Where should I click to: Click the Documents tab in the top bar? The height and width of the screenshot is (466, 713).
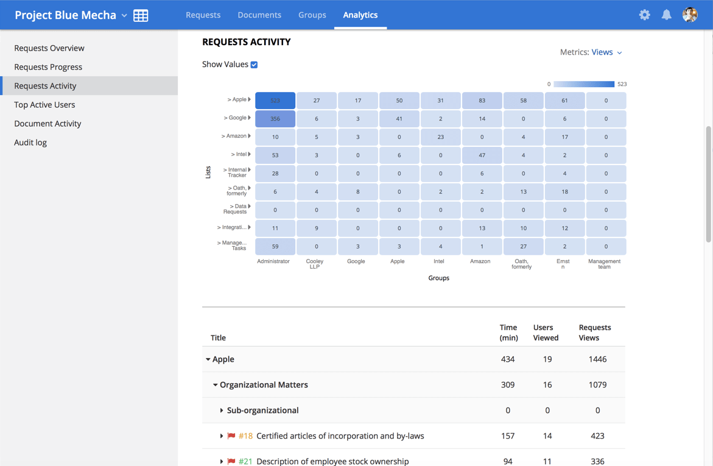pyautogui.click(x=259, y=15)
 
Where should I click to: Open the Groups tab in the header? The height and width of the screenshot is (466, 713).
pyautogui.click(x=312, y=15)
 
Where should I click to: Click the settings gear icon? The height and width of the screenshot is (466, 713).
pyautogui.click(x=644, y=15)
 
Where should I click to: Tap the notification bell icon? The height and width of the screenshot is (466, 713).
pyautogui.click(x=667, y=15)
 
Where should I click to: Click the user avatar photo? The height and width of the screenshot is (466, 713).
pyautogui.click(x=690, y=15)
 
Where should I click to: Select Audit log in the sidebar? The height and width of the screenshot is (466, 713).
pyautogui.click(x=30, y=143)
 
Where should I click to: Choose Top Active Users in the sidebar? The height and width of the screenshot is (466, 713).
pyautogui.click(x=44, y=105)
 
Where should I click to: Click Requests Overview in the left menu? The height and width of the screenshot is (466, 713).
pyautogui.click(x=49, y=48)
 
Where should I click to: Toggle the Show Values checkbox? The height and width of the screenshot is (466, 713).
pyautogui.click(x=254, y=65)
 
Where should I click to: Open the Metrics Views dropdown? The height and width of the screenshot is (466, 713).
pyautogui.click(x=606, y=52)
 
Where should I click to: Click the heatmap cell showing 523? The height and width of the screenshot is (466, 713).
pyautogui.click(x=275, y=101)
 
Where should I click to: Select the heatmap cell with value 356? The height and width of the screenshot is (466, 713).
pyautogui.click(x=275, y=119)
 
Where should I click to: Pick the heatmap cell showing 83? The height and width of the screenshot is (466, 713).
pyautogui.click(x=482, y=101)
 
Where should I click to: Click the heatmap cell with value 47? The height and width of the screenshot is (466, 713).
pyautogui.click(x=482, y=155)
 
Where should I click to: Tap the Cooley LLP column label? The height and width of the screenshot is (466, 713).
pyautogui.click(x=315, y=264)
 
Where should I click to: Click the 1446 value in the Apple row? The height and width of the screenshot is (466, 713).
pyautogui.click(x=597, y=359)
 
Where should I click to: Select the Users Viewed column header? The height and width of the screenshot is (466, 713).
pyautogui.click(x=546, y=333)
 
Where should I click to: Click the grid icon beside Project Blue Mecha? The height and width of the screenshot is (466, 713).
pyautogui.click(x=141, y=15)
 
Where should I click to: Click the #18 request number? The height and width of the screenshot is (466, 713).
pyautogui.click(x=245, y=436)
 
